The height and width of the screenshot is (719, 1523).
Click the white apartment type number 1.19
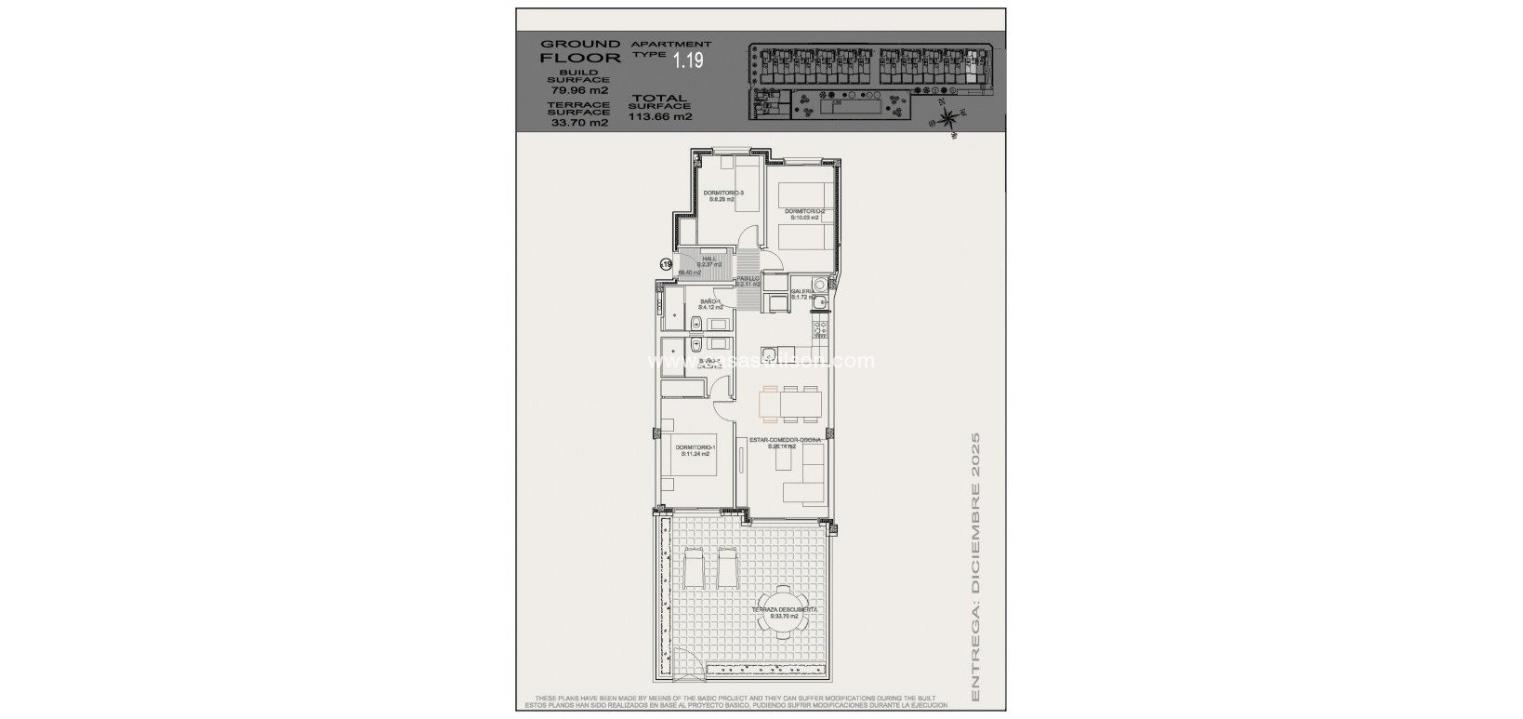pos(688,61)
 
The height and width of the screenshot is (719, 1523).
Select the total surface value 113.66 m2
pos(660,117)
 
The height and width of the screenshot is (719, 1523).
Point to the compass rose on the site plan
pos(947,119)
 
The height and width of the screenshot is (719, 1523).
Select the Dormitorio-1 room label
pos(696,450)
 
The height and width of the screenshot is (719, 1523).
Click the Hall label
pos(709,260)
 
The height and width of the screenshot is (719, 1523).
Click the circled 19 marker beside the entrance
pos(666,265)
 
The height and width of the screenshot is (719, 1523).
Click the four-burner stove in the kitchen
pos(819,328)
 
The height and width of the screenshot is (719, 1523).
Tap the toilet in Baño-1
pos(695,324)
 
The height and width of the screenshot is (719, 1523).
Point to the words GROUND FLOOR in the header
pos(580,50)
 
